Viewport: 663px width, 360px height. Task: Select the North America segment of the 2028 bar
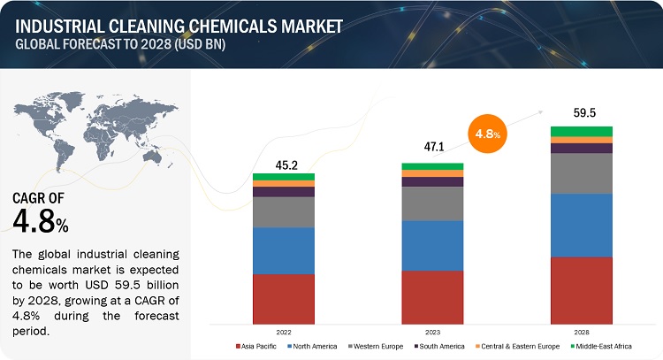(x=582, y=225)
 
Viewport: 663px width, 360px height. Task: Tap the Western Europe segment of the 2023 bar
(x=432, y=203)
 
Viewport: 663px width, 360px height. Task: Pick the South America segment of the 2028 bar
(x=582, y=148)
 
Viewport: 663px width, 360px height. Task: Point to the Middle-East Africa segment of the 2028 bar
(x=582, y=131)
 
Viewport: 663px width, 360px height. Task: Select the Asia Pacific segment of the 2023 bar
(x=432, y=296)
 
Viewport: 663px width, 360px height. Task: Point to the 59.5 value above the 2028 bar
(x=582, y=113)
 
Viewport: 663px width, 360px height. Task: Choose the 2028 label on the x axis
(x=582, y=332)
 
